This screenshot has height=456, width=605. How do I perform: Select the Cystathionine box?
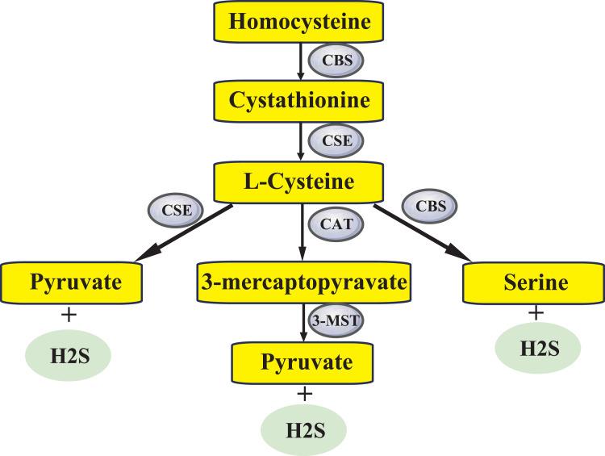(x=302, y=101)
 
